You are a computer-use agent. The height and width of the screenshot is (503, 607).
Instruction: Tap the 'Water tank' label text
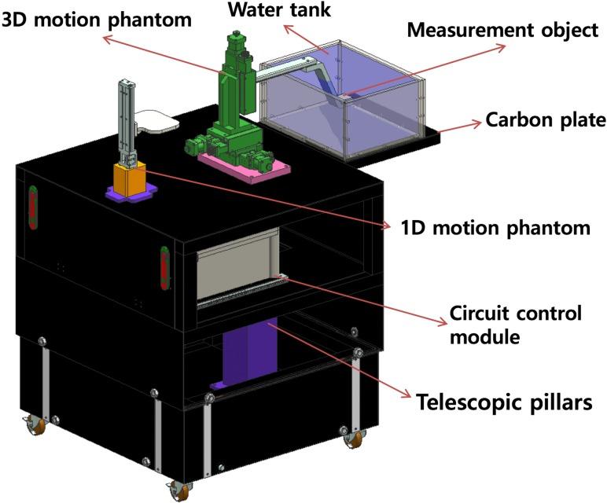click(270, 10)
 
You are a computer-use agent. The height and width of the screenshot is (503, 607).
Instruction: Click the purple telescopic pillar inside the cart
click(250, 354)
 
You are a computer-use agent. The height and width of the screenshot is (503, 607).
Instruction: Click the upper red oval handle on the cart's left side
click(33, 207)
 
